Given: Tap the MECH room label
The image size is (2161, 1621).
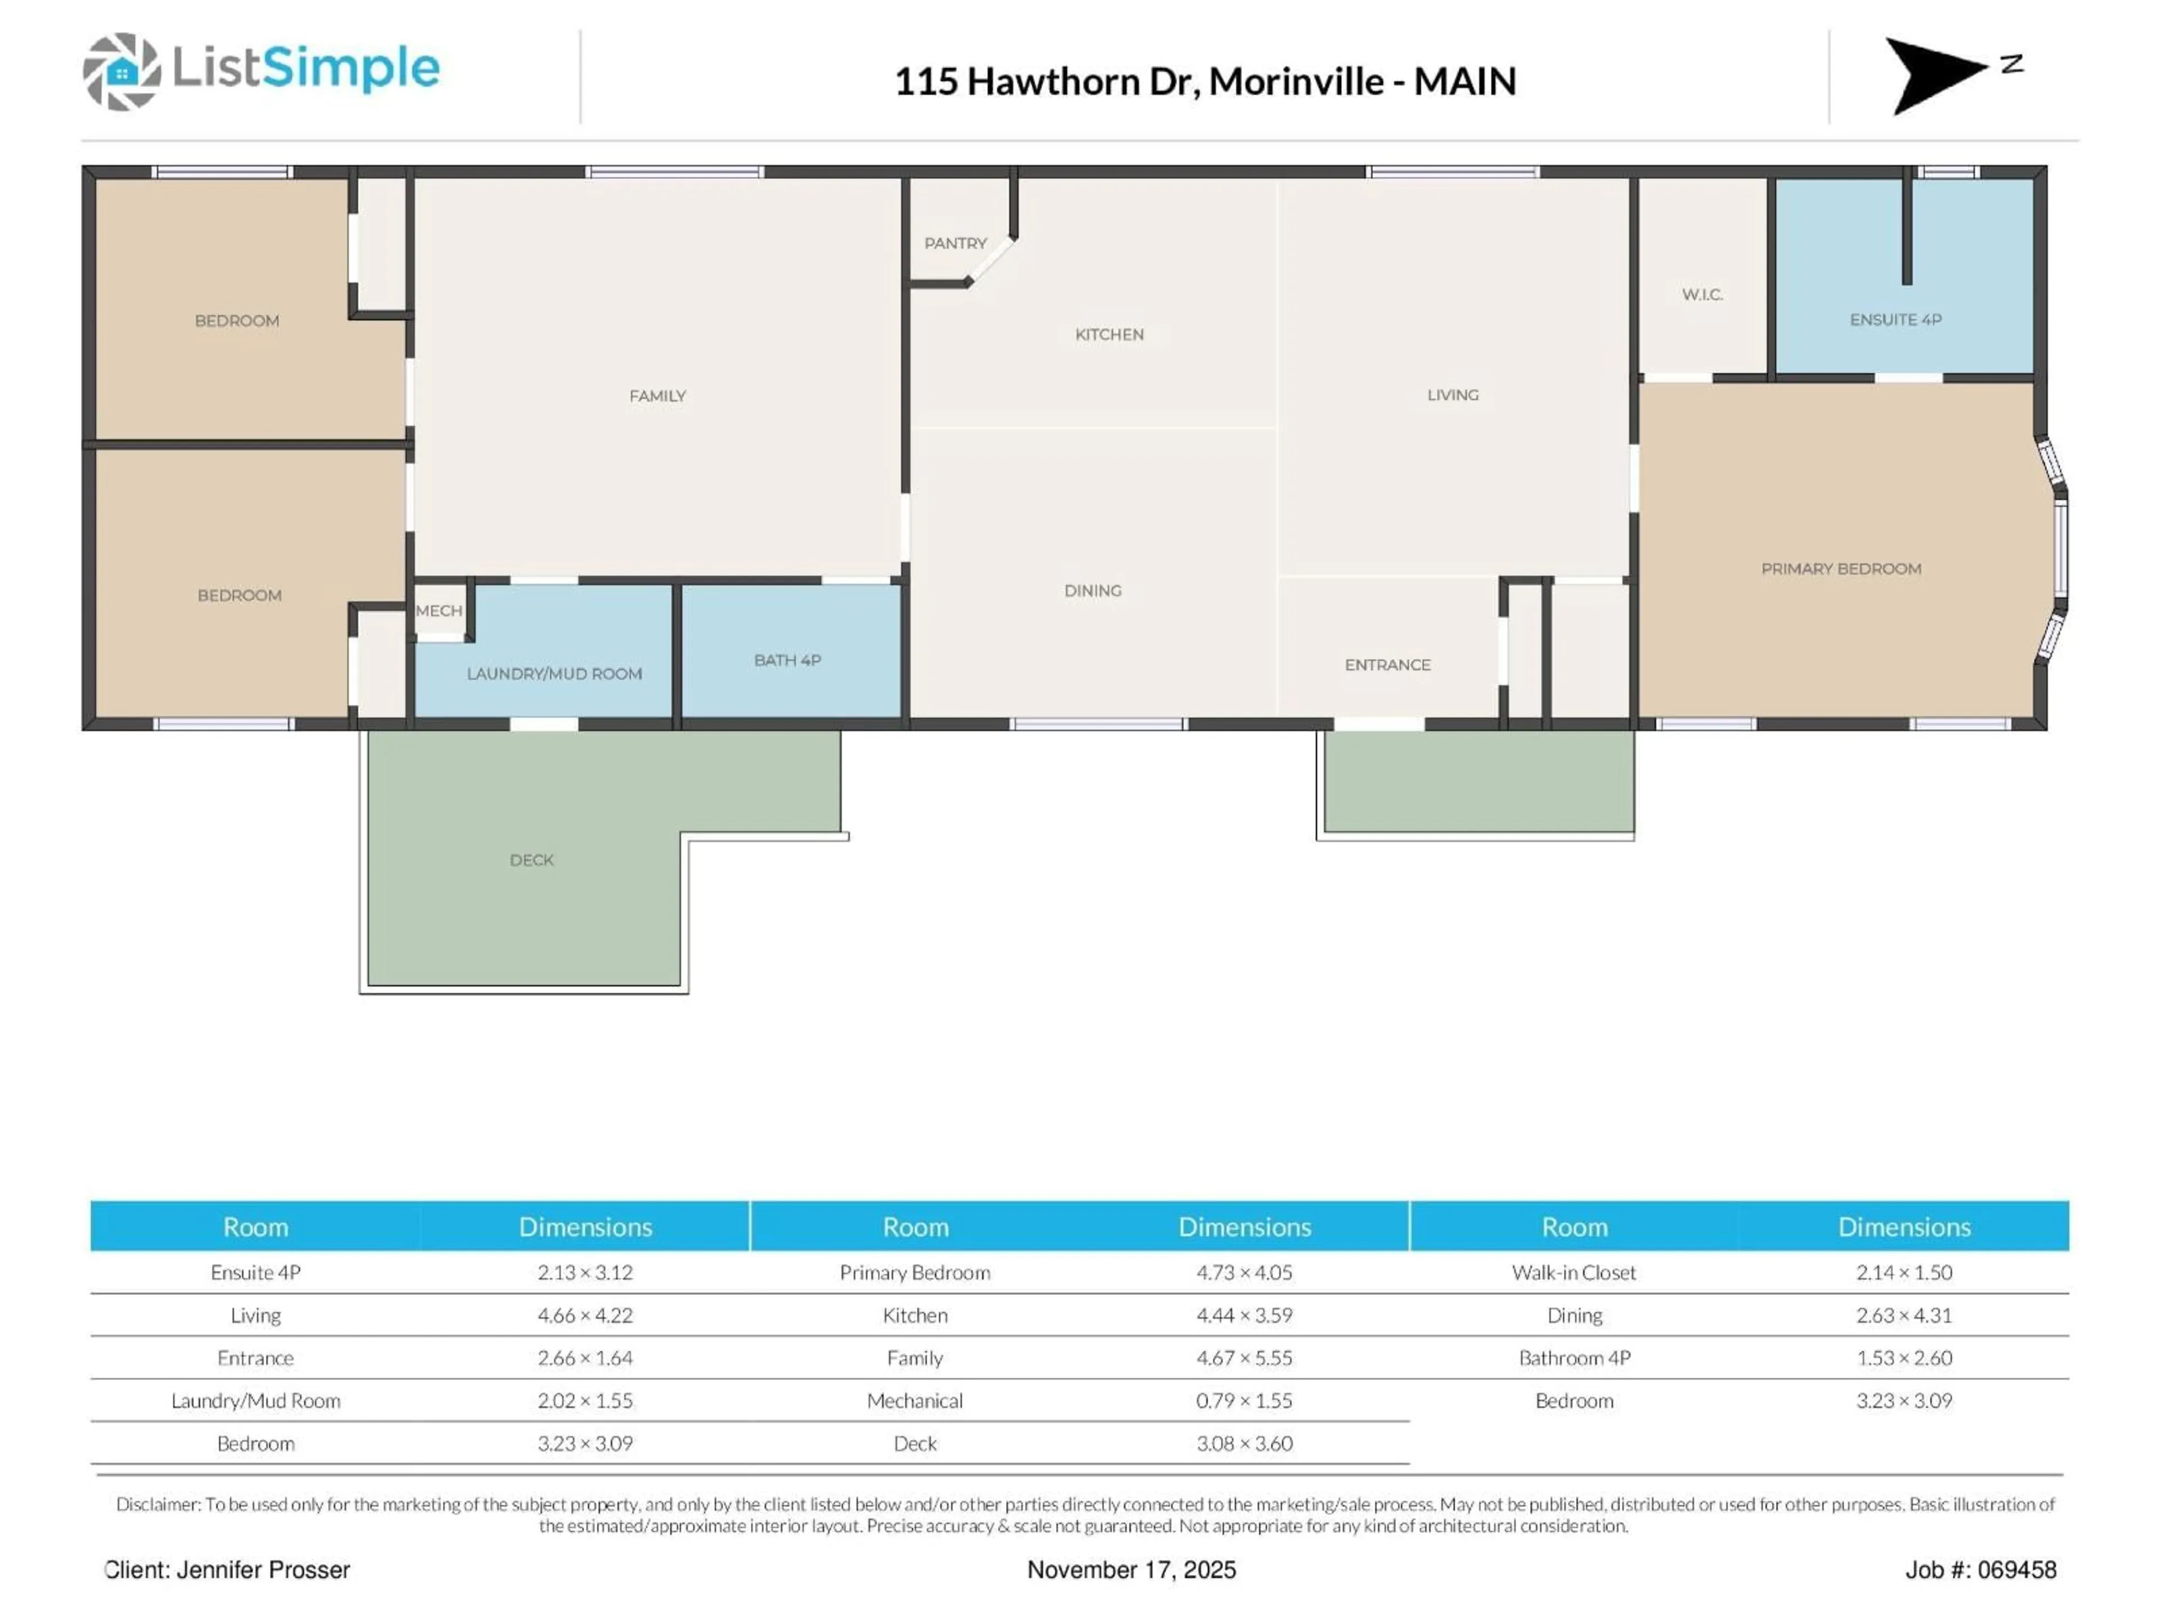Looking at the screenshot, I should coord(438,611).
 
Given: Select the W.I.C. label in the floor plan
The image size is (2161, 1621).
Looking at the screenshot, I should coord(1702,294).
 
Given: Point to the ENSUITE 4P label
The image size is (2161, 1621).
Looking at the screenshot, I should coord(1895,320).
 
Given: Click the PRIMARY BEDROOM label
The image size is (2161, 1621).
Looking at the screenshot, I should coord(1841,568).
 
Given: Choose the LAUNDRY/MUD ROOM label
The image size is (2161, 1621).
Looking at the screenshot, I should coord(554,673).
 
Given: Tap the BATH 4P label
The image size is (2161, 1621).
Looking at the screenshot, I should coord(787,661).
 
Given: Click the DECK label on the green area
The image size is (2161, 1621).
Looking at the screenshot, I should coord(531,860).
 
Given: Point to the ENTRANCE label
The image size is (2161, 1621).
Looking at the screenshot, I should coord(1387,664).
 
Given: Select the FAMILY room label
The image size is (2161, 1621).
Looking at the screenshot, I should coord(657,396).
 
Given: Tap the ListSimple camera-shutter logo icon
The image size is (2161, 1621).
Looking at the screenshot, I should coord(121,71).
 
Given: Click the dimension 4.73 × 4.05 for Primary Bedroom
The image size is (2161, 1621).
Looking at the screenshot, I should coord(1244,1272).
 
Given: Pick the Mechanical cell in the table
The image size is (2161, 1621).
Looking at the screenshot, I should coord(914,1400).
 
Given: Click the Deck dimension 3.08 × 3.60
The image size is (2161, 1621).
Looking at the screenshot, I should coord(1244,1443).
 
